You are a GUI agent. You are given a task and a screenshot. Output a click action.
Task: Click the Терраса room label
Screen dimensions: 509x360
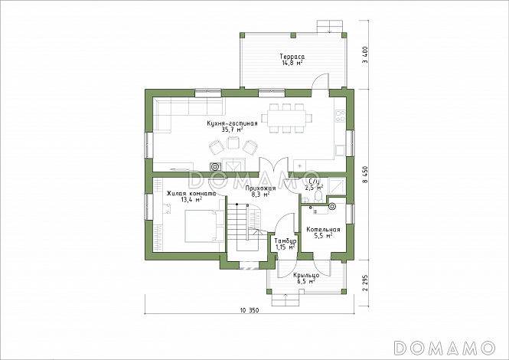292,57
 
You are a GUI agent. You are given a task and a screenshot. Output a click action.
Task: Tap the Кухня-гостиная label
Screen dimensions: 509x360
232,123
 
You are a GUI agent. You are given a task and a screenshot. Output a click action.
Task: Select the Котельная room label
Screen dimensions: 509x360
323,230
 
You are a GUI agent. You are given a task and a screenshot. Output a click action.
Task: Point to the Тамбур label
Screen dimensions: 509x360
285,241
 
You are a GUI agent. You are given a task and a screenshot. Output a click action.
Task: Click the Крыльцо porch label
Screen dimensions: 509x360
306,276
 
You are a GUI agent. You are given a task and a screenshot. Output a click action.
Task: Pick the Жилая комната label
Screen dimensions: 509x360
191,194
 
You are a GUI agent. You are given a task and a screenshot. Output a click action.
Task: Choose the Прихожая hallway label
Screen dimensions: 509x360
260,188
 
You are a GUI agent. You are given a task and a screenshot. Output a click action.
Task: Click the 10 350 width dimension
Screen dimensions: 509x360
250,310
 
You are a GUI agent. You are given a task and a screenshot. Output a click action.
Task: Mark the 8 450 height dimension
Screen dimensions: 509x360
366,175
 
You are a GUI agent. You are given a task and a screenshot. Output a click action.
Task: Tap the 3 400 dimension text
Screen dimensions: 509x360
366,54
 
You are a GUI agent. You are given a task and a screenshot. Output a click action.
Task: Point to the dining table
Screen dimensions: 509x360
286,118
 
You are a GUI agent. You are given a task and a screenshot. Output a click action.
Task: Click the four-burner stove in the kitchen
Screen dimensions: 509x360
340,116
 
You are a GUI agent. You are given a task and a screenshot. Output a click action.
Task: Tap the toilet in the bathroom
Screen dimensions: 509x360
318,197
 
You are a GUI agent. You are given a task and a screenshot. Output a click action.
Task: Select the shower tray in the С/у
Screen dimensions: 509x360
338,186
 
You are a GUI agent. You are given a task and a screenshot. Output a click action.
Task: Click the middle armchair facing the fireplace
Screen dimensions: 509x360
233,142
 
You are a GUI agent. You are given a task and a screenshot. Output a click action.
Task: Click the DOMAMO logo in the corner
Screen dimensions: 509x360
445,348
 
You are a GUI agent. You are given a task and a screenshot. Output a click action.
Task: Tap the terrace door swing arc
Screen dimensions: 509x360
319,78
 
